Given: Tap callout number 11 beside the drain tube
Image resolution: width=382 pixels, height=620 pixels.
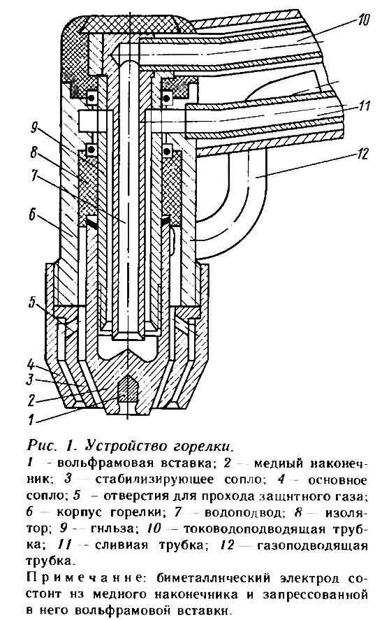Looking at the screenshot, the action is [x=362, y=107].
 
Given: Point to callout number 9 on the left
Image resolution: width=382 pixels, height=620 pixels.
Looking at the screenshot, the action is [x=34, y=127].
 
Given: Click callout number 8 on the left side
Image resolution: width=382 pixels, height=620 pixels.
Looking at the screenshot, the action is [x=34, y=152].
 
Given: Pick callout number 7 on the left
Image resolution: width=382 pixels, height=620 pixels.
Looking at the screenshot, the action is [x=35, y=175].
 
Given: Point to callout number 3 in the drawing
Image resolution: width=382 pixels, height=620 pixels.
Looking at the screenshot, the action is [x=30, y=380].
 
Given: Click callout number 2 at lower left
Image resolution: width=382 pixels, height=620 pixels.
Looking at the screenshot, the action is [x=31, y=400].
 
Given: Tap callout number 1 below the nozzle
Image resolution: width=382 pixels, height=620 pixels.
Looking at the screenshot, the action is [x=31, y=419].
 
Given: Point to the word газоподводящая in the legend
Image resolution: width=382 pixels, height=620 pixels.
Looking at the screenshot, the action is [x=312, y=546].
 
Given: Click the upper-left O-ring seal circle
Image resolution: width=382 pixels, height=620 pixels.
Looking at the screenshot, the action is [x=92, y=96].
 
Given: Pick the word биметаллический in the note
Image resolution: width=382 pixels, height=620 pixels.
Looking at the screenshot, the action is [x=213, y=578].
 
